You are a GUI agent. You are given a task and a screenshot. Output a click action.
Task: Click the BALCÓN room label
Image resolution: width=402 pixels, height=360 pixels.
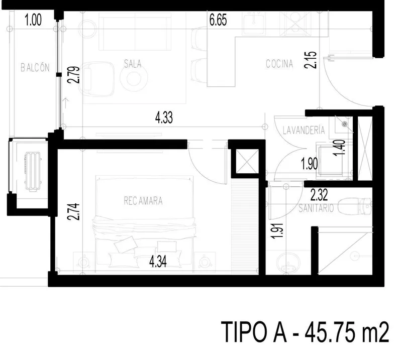tap(35, 68)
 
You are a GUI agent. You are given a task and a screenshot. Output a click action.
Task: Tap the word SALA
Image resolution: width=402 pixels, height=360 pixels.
tap(133, 64)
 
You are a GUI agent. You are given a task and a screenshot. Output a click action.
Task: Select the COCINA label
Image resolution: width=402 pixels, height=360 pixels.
tap(279, 64)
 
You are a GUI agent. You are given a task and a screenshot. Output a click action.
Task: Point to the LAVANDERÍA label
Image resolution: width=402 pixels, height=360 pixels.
tap(304, 130)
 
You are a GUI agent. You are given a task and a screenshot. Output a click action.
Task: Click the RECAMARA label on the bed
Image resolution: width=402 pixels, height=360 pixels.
tap(143, 201)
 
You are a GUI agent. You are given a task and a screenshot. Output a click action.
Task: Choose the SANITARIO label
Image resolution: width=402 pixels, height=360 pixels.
tap(316, 208)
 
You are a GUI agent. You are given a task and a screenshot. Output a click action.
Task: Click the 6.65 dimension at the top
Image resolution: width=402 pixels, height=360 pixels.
tap(218, 20)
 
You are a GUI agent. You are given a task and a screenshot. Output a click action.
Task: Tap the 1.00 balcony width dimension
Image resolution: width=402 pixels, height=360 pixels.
tap(33, 20)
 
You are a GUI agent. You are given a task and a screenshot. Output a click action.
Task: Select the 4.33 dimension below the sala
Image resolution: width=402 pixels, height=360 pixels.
tap(164, 118)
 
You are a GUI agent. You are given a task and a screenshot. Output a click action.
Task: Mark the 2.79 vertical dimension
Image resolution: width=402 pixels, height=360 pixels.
tap(73, 75)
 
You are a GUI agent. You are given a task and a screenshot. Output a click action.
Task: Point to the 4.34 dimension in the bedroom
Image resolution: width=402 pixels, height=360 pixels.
tap(158, 262)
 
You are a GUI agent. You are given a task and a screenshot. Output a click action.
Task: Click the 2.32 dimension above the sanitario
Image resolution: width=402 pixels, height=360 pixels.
tap(319, 195)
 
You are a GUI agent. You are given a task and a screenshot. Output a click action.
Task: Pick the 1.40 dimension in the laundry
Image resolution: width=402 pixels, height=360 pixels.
tap(339, 148)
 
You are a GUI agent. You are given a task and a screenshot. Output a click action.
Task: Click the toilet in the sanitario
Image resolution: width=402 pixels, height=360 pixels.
tap(355, 206)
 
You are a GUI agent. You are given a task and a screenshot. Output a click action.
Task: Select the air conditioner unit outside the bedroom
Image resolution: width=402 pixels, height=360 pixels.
tap(32, 172)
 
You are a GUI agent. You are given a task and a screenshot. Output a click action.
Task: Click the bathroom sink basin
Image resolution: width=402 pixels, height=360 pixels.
tap(288, 263)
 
